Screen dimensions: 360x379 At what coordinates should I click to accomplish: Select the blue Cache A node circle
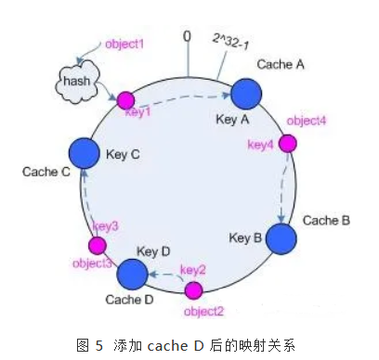246,92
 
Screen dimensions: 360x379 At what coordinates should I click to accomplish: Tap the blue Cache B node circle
281,237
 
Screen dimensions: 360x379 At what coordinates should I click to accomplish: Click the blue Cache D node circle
132,274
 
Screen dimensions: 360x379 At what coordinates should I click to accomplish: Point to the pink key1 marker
124,99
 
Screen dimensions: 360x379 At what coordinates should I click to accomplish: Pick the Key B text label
244,238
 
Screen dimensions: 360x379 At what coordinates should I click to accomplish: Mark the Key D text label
152,251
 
